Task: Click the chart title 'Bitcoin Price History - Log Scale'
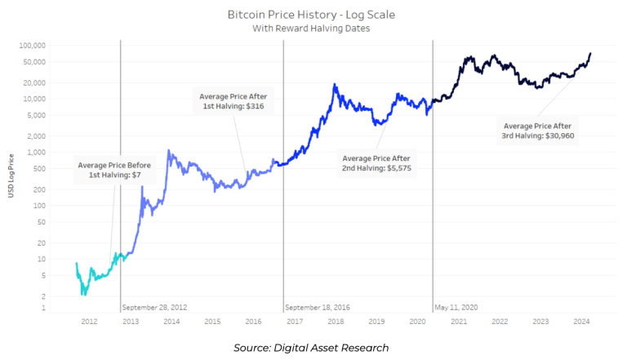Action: coord(313,14)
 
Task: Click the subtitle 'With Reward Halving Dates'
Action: coord(313,27)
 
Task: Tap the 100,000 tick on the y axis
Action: coord(33,45)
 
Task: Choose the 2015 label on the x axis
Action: coord(212,322)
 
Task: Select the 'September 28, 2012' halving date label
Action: coord(155,308)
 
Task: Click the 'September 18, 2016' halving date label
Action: coord(318,308)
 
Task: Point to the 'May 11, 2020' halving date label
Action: coord(456,308)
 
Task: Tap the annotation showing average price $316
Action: coord(233,101)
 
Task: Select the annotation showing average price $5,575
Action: coord(376,162)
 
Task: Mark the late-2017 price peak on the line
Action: coord(335,84)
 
